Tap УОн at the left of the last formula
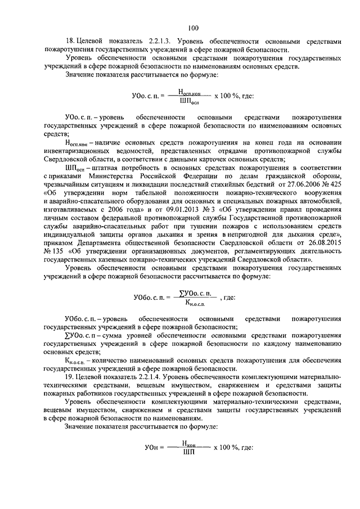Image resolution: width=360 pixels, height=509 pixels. point(152,448)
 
